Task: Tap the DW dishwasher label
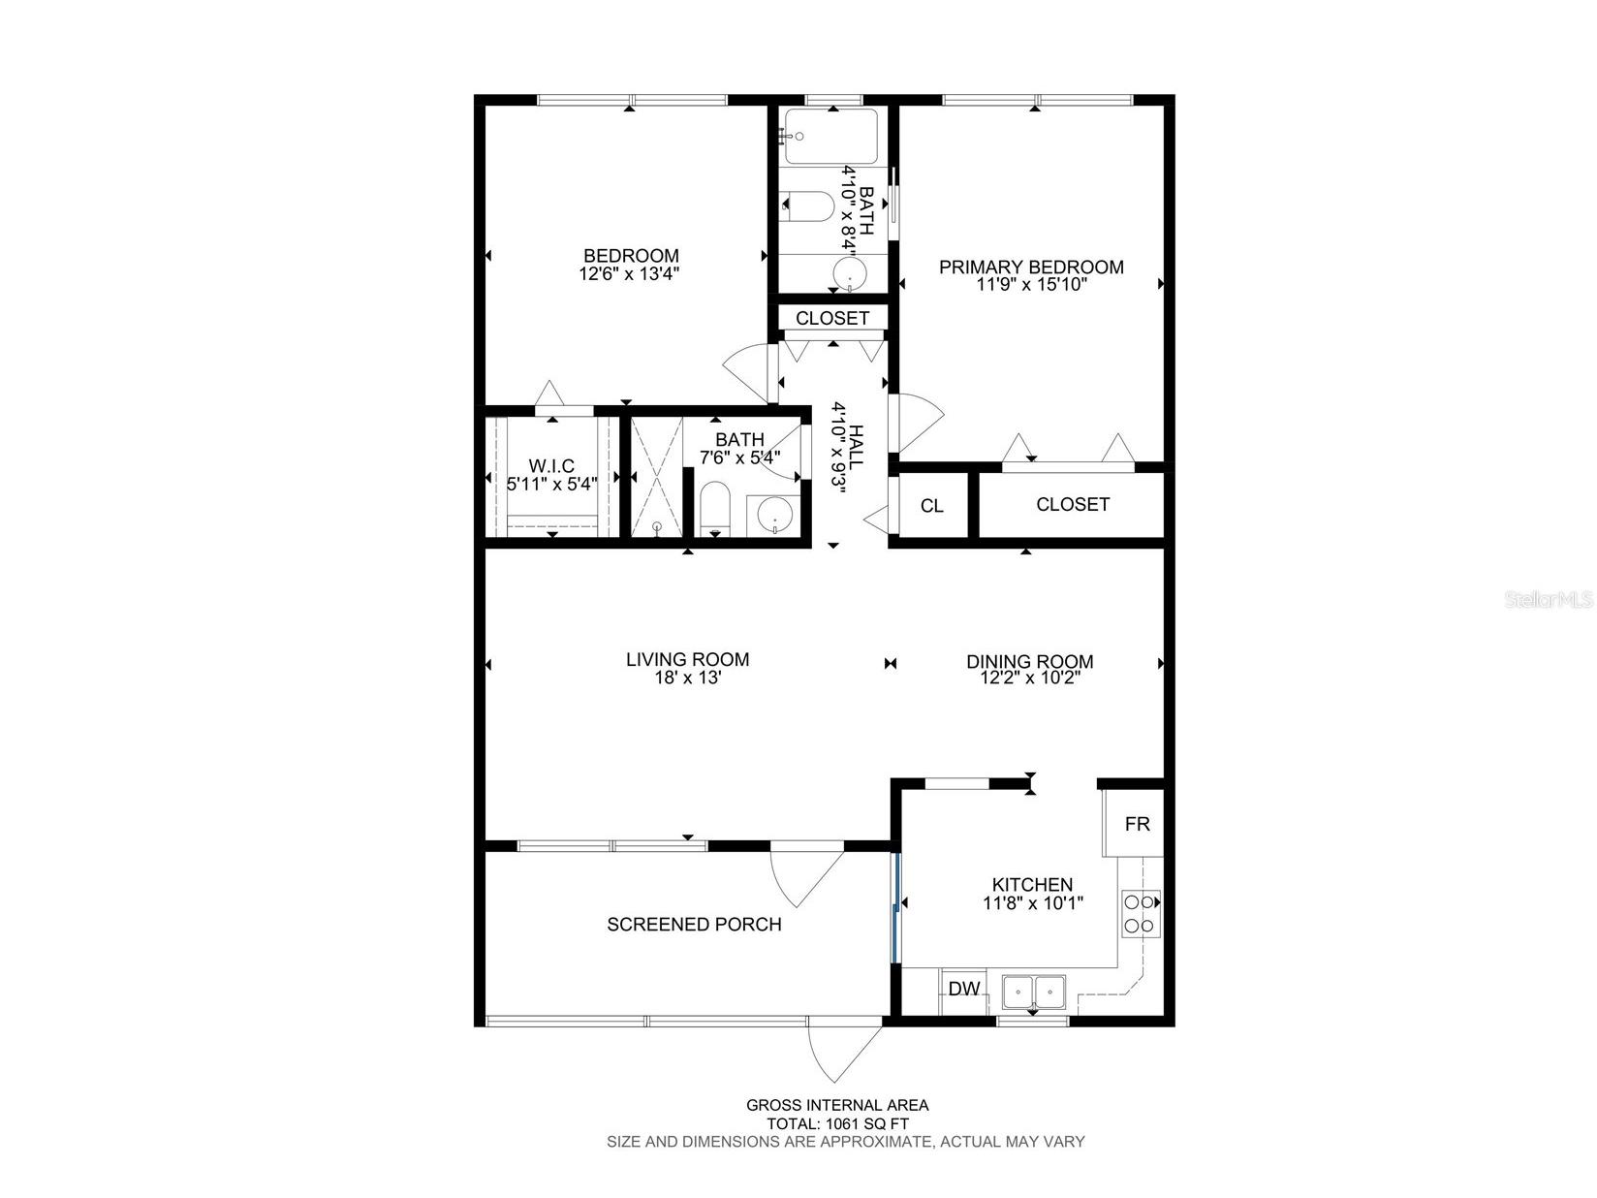click(963, 990)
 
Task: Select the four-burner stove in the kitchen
click(1140, 913)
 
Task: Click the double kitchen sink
click(1033, 992)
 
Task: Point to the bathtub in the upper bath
click(830, 137)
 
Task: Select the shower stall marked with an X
click(656, 477)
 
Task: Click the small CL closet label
click(931, 506)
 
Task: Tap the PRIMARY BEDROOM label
click(1031, 267)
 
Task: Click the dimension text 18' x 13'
click(687, 678)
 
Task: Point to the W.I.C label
click(551, 464)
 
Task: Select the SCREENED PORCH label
click(694, 925)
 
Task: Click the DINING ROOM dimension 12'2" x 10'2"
click(1029, 678)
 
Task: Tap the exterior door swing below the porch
click(833, 1052)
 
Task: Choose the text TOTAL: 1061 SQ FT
click(837, 1123)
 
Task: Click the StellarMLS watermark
click(1549, 600)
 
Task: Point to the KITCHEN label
click(1032, 884)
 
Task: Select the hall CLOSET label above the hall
click(832, 318)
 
